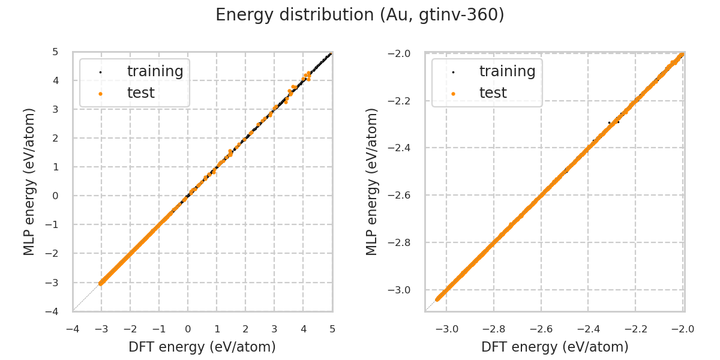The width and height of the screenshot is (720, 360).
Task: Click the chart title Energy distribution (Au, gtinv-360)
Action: coord(360,15)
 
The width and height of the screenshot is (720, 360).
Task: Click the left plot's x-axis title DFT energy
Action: coord(202,347)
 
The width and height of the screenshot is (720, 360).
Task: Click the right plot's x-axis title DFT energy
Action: coord(554,347)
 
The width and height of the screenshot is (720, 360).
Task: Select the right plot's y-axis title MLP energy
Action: coord(372,181)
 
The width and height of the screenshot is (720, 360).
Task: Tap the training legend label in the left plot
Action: coord(155,71)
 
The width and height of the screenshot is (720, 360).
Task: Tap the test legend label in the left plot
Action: coord(140,93)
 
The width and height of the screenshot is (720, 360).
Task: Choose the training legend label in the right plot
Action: coord(507,71)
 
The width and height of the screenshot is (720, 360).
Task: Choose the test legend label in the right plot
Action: coord(493,93)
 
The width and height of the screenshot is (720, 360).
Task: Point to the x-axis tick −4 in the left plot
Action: coord(72,329)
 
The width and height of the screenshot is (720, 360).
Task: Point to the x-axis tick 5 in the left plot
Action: coord(332,329)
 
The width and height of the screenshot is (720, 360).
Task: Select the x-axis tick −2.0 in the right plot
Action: coord(683,329)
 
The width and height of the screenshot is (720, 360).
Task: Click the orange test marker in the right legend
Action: coord(453,94)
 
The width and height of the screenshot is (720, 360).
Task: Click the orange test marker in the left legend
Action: coord(101,94)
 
